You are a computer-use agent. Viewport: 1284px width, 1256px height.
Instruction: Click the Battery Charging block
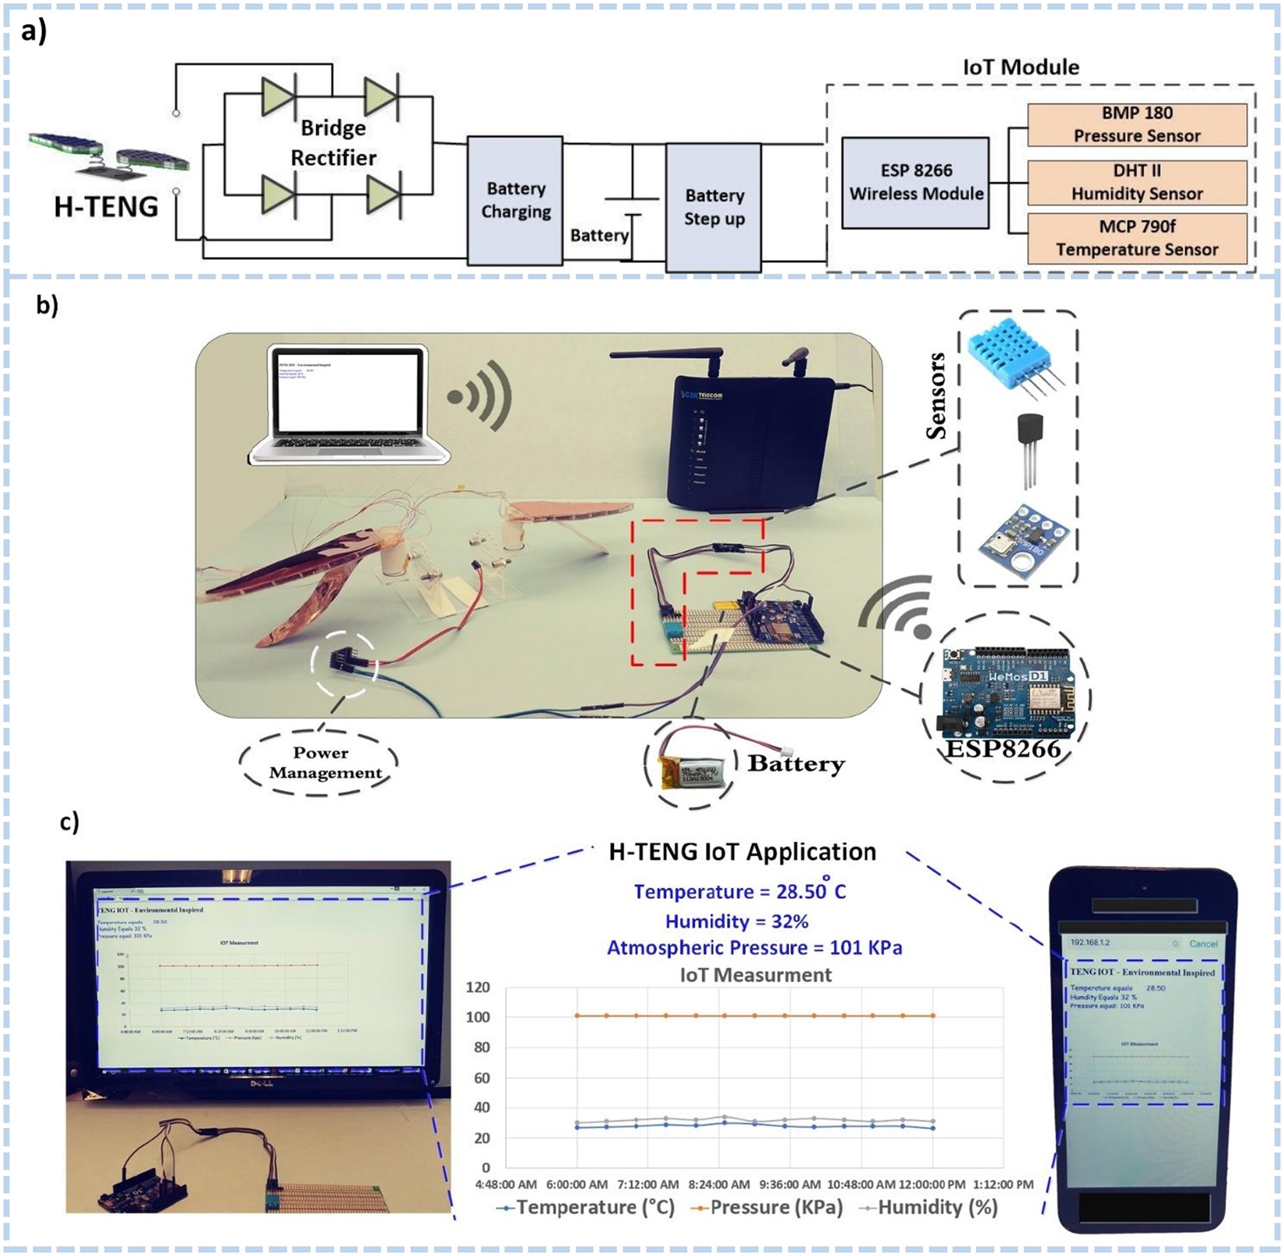click(514, 200)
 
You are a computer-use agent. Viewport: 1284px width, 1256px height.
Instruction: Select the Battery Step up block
click(713, 207)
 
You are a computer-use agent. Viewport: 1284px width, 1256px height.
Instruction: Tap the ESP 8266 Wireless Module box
click(915, 183)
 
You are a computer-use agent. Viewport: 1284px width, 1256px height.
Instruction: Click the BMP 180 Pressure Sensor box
click(1136, 125)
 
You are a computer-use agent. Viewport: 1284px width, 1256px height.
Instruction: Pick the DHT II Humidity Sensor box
click(1136, 182)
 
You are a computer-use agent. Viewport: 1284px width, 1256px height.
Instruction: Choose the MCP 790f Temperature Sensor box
click(1136, 238)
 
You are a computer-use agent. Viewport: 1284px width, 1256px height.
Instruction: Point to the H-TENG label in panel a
click(106, 207)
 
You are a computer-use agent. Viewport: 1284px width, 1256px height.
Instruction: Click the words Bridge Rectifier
click(333, 142)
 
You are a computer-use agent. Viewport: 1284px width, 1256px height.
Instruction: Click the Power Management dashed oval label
click(320, 763)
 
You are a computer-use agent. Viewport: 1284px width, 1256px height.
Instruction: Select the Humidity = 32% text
click(736, 921)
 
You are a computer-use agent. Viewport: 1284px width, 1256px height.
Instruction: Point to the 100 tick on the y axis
click(478, 1017)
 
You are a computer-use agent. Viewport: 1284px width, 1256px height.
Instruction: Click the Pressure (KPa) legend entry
click(767, 1207)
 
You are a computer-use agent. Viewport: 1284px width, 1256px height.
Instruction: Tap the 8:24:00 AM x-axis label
click(718, 1184)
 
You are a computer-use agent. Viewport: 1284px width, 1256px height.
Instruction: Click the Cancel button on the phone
click(1202, 944)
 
